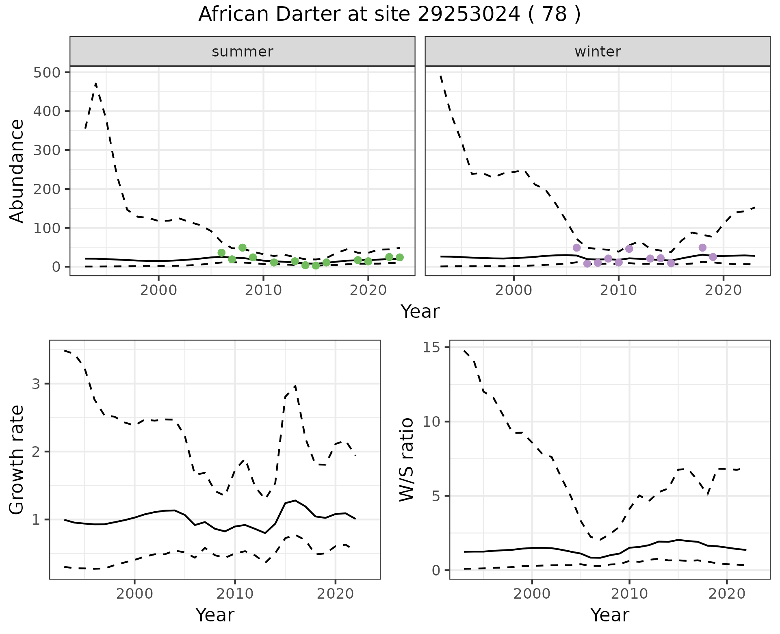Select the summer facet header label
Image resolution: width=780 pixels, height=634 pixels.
(243, 52)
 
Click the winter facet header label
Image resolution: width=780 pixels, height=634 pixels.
(598, 52)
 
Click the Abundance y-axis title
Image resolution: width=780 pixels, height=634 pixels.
(17, 171)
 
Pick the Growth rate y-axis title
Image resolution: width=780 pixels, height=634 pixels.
(17, 460)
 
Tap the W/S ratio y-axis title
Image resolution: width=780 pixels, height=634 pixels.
(407, 460)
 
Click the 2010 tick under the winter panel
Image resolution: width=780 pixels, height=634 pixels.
(618, 291)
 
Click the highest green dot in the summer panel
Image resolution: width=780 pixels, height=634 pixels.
(243, 248)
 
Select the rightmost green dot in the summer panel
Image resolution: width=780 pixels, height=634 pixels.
(400, 257)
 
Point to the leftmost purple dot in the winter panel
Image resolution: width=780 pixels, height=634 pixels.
(576, 248)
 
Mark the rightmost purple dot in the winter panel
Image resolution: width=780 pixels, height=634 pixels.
(713, 257)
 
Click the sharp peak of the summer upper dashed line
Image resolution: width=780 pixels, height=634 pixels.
(95, 83)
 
